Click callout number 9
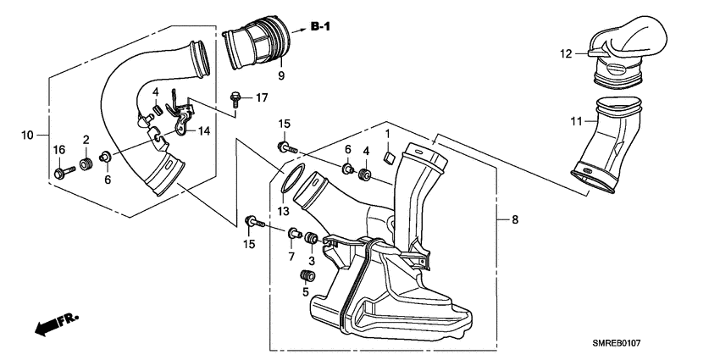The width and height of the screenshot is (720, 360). pyautogui.click(x=280, y=76)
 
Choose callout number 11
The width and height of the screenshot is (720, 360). pyautogui.click(x=576, y=121)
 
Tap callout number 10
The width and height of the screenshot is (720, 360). pyautogui.click(x=26, y=135)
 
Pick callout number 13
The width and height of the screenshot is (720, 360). pyautogui.click(x=281, y=210)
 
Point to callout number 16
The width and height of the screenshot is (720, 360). pyautogui.click(x=59, y=150)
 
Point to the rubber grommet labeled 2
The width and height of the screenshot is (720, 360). pyautogui.click(x=86, y=163)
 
